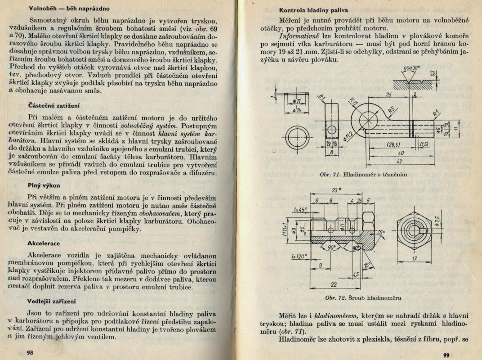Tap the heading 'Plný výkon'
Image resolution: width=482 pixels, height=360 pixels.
(x=43, y=185)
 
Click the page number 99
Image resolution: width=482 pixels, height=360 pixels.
(x=446, y=355)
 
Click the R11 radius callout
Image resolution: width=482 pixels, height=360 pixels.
(x=353, y=103)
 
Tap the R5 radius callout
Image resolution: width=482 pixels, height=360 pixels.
(x=391, y=109)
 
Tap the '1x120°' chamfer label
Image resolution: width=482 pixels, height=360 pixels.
(x=299, y=257)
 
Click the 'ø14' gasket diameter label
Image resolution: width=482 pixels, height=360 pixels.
(x=296, y=111)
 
